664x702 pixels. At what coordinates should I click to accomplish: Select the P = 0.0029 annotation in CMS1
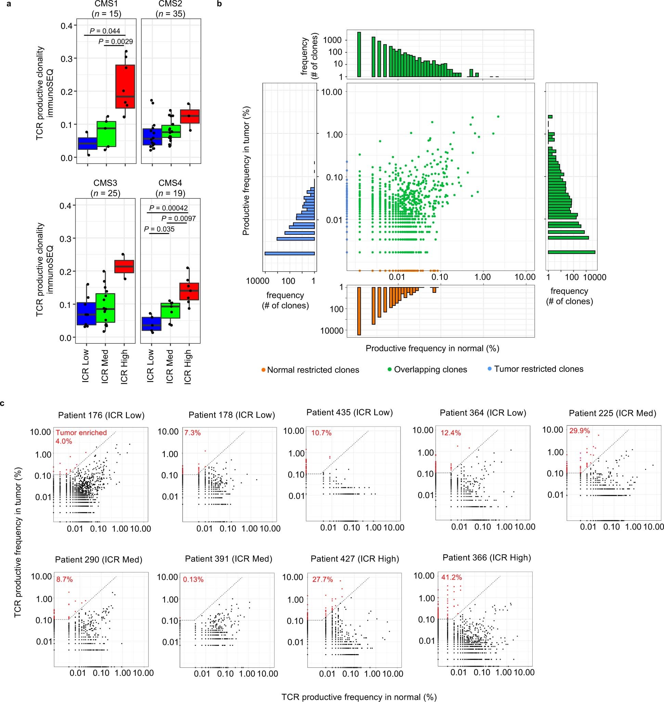pos(116,42)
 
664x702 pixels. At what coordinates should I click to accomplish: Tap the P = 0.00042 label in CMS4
pos(168,208)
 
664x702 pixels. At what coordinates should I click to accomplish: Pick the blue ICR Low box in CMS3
pos(87,313)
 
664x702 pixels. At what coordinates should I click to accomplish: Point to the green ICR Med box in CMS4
pos(170,310)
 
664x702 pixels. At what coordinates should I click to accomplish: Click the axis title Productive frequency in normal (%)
pos(432,349)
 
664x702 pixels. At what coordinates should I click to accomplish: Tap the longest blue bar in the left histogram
pos(290,253)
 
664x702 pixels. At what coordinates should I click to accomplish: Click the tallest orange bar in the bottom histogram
pos(359,311)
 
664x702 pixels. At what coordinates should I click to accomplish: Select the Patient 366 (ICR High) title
pos(487,558)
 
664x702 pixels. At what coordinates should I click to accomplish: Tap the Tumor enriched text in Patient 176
pos(81,433)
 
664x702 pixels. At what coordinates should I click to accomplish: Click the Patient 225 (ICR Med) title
pos(612,413)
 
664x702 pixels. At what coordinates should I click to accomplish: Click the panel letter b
pos(220,3)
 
